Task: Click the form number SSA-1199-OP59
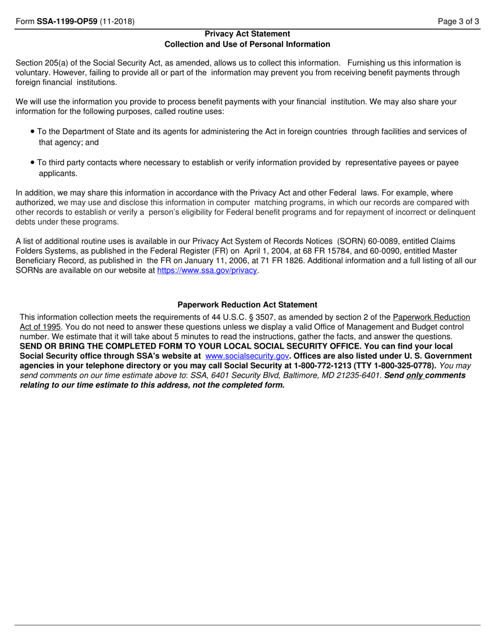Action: click(x=67, y=21)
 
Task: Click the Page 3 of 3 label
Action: click(x=459, y=21)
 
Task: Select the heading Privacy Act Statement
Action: click(x=247, y=34)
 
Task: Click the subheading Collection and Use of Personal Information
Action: click(x=247, y=44)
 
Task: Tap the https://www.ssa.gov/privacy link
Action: click(x=207, y=271)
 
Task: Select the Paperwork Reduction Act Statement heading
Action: click(x=247, y=305)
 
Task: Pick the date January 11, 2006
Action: click(x=194, y=261)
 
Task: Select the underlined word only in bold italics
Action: click(x=415, y=375)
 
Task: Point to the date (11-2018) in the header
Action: click(x=117, y=21)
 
